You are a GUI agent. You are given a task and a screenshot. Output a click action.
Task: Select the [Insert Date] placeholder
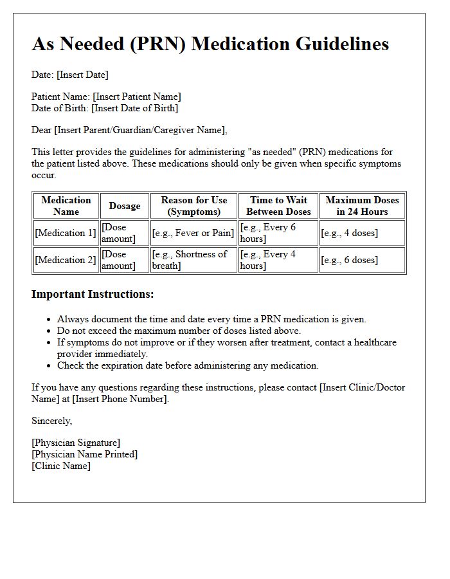(82, 75)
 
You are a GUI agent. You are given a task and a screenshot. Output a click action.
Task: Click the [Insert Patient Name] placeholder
(137, 96)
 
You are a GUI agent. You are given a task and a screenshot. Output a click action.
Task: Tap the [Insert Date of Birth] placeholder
(134, 108)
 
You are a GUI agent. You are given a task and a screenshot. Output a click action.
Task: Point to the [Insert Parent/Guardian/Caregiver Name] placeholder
(141, 130)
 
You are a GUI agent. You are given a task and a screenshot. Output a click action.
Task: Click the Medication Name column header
(66, 206)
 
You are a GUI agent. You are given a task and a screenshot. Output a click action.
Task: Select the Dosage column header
(125, 206)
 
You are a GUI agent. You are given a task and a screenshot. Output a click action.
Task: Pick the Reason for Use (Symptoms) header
(194, 206)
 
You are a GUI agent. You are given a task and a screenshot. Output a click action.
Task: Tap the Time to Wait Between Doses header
(278, 206)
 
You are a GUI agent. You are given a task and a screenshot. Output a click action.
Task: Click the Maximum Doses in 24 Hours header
(363, 206)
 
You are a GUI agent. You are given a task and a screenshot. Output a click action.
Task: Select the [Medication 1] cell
(66, 233)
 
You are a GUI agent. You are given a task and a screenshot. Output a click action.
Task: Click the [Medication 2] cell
(66, 260)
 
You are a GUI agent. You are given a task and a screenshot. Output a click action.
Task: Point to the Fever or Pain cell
(194, 233)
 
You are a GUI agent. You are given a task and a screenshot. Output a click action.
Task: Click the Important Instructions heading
(93, 295)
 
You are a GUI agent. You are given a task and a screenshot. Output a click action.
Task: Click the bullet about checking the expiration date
(188, 365)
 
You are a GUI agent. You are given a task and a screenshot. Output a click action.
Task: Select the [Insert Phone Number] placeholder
(120, 399)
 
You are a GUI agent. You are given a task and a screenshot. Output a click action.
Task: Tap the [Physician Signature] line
(76, 443)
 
